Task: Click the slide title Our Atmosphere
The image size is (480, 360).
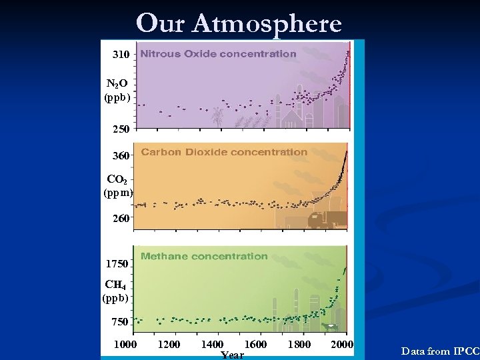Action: [239, 23]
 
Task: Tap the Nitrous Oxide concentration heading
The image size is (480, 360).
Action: [218, 53]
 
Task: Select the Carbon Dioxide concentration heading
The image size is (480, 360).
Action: [224, 152]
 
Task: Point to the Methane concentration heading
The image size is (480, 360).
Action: [204, 256]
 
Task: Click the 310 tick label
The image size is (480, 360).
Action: [121, 53]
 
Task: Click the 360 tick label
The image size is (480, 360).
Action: [121, 156]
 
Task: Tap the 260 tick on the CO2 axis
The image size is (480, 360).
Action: [121, 217]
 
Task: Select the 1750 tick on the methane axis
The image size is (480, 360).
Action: [117, 264]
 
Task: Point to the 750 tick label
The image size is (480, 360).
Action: [120, 322]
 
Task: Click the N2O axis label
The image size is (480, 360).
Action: [117, 90]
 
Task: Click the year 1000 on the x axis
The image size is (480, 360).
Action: [126, 344]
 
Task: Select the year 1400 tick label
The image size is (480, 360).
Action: [211, 344]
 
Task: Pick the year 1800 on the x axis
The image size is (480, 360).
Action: [299, 344]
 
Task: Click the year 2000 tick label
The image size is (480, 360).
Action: [342, 344]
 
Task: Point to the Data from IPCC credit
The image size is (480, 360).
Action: [440, 350]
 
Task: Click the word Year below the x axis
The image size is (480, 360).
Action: [232, 355]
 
